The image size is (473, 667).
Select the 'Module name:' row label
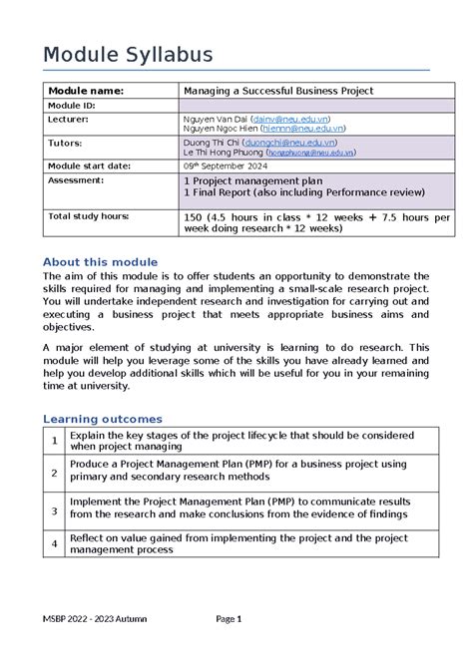[87, 91]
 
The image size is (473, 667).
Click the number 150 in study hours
[195, 216]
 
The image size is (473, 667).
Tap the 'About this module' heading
[102, 261]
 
